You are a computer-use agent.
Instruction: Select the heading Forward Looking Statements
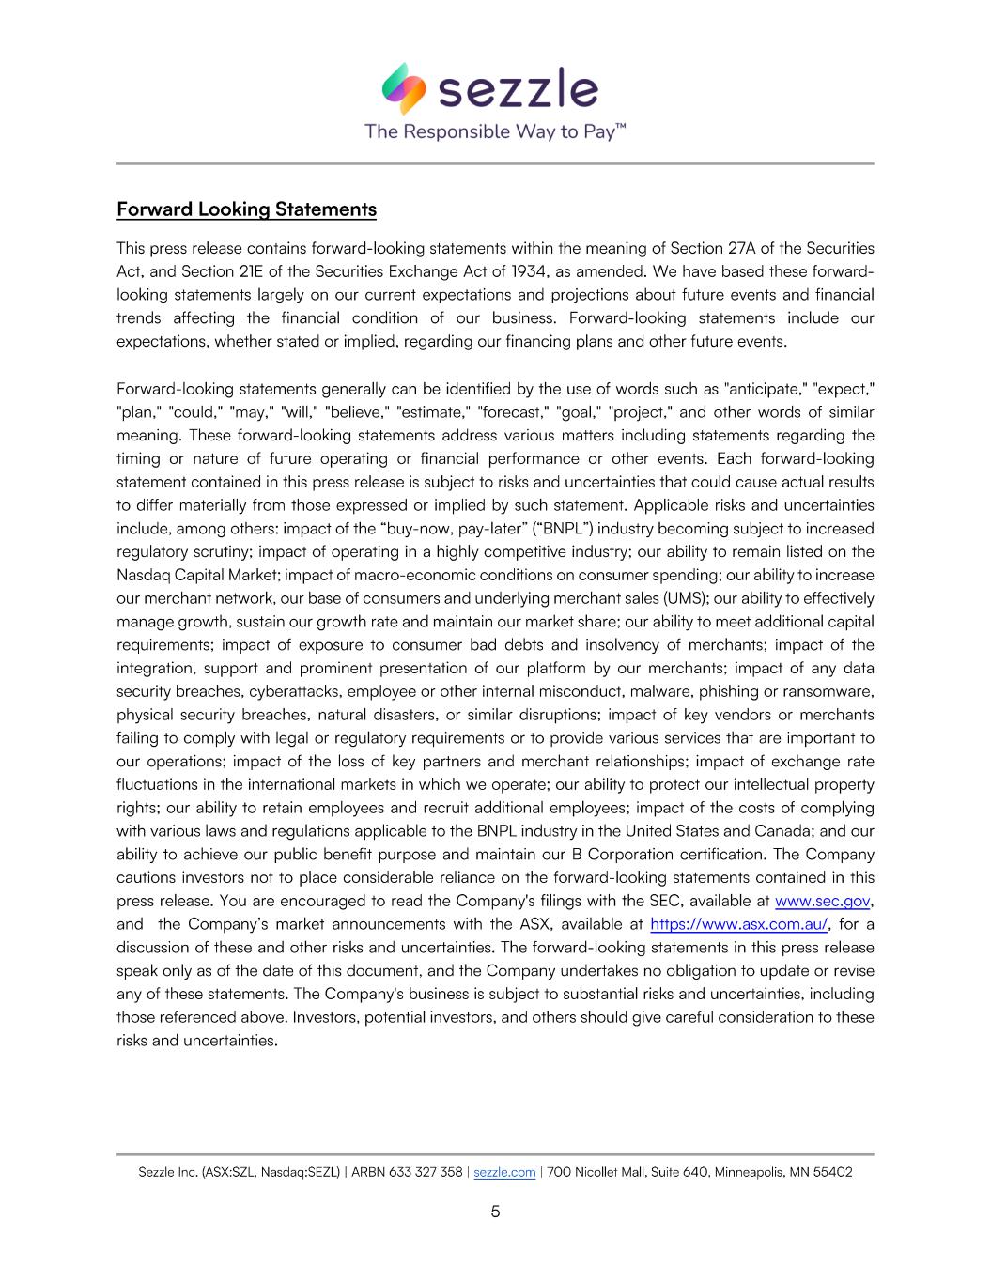[246, 209]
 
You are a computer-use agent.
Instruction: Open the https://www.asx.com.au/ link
[739, 924]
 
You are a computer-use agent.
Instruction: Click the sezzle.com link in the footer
[504, 1172]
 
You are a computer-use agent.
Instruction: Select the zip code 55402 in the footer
[832, 1172]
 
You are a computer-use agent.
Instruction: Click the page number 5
[495, 1212]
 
